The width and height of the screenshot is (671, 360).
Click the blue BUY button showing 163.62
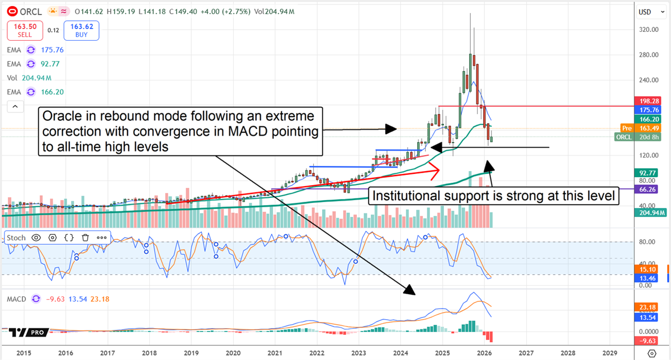pos(81,30)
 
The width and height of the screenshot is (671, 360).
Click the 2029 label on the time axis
pos(609,353)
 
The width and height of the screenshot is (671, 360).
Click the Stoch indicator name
pos(16,238)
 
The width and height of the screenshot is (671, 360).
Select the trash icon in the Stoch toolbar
pos(86,238)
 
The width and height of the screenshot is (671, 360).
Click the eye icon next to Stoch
pos(36,238)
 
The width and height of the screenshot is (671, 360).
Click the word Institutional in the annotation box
pos(403,196)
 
